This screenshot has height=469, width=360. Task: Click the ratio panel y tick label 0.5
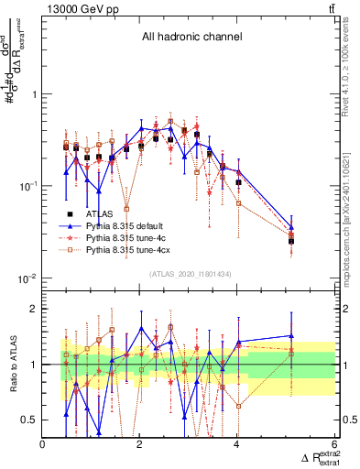coord(30,420)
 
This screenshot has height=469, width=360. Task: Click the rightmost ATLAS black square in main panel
coord(291,241)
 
